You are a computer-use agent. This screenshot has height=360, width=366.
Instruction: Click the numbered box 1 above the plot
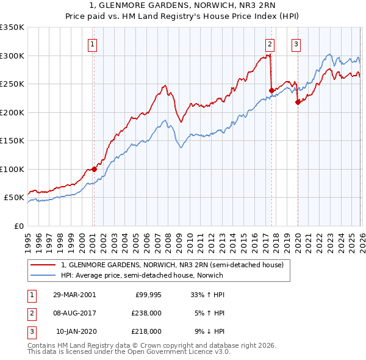(x=93, y=43)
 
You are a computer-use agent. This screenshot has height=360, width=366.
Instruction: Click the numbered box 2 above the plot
(x=269, y=43)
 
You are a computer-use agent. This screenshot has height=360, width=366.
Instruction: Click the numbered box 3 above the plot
(x=296, y=43)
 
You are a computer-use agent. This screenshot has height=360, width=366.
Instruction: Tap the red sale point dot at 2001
(x=94, y=169)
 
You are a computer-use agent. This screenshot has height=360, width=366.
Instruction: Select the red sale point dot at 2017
(x=271, y=90)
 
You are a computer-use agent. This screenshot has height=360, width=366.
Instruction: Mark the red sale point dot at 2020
(x=297, y=102)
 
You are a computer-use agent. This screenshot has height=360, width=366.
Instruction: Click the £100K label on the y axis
(x=12, y=169)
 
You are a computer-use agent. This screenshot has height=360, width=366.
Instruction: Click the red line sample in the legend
(x=44, y=265)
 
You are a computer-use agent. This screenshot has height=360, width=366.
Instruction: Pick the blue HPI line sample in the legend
(x=44, y=276)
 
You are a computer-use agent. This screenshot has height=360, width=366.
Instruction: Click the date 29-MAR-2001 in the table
(x=74, y=295)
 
